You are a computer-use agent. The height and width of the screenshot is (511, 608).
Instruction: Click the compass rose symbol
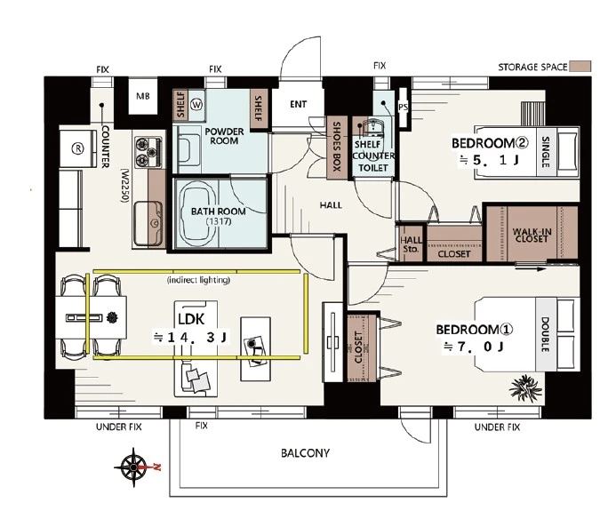pos(133,467)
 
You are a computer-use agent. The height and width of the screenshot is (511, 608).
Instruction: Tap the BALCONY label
pos(305,453)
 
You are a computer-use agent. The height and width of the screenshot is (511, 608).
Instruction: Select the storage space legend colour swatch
pos(580,67)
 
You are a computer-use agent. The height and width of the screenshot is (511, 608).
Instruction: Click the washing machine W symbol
pos(197,104)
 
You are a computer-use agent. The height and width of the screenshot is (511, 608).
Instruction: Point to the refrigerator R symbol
pos(78,148)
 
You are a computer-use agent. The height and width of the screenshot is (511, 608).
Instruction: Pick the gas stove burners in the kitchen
pos(148,152)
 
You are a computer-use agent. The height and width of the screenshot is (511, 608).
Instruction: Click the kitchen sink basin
pos(148,224)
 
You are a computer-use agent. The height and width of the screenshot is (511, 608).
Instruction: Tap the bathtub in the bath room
pos(197,213)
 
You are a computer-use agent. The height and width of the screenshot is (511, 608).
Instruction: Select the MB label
pos(143,96)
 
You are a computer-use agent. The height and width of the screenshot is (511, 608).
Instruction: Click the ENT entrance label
pos(298,104)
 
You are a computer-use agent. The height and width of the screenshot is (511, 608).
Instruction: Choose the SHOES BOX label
pos(337,147)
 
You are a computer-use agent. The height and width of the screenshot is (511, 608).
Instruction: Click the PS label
pos(403,107)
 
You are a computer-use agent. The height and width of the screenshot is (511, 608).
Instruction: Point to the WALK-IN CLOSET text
pos(532,235)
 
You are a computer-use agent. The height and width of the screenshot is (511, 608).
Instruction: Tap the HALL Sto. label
pos(411,245)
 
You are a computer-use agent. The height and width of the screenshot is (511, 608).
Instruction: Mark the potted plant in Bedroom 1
pos(525,387)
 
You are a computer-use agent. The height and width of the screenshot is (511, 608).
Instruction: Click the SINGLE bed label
pos(546,152)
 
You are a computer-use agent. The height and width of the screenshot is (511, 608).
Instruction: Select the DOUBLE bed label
pos(545,334)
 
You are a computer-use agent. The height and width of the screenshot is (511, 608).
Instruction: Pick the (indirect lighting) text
pos(198,280)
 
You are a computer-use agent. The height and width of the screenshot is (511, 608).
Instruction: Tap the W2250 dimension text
pos(124,186)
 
